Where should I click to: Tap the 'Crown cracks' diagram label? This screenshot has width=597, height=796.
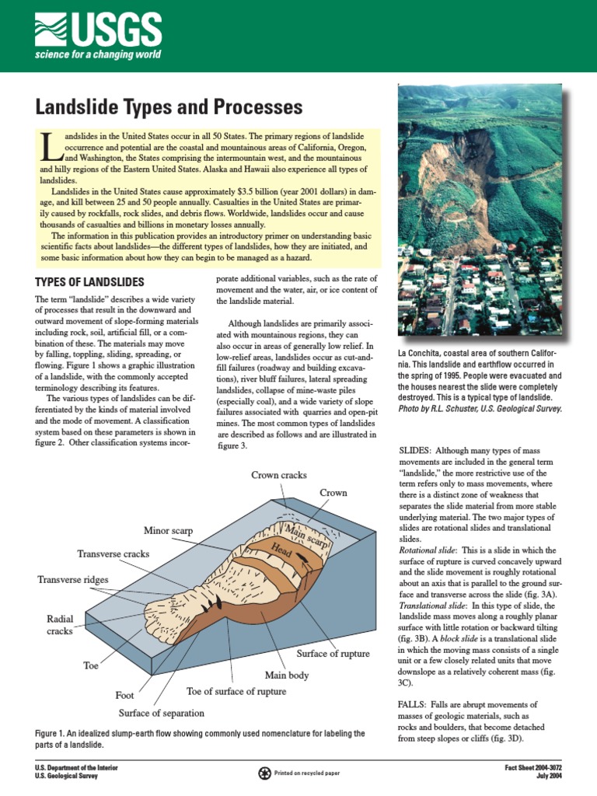[278, 474]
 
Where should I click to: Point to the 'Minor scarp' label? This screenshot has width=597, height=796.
[168, 531]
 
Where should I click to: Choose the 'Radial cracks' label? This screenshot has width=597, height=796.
[59, 624]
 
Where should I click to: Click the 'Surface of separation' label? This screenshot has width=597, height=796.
[161, 713]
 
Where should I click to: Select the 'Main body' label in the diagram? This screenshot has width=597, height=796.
[287, 674]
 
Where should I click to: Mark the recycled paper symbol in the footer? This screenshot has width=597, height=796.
[266, 772]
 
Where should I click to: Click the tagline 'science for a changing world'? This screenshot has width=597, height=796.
[97, 54]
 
